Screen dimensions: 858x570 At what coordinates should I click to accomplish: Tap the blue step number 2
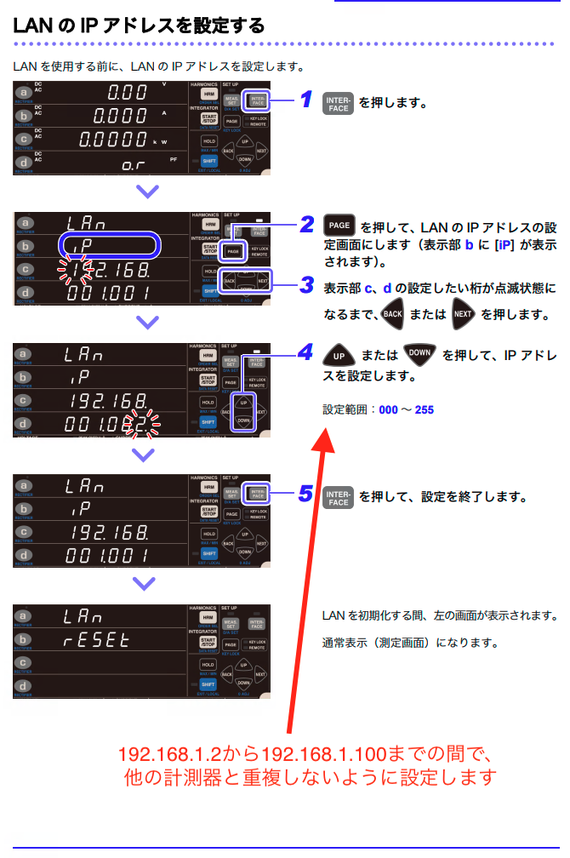(x=307, y=226)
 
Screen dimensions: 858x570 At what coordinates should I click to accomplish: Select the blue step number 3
(x=307, y=286)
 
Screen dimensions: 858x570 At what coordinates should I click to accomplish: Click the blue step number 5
(x=307, y=495)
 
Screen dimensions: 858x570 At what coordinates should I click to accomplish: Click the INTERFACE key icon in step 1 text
(x=339, y=104)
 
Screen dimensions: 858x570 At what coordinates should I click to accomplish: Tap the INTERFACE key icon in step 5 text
(x=339, y=497)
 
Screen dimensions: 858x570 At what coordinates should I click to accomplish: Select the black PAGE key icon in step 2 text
(x=339, y=226)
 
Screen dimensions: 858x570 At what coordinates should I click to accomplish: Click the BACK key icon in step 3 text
(x=392, y=313)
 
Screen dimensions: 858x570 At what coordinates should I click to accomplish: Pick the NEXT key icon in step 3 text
(x=464, y=313)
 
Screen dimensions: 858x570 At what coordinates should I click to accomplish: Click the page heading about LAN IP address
(x=139, y=26)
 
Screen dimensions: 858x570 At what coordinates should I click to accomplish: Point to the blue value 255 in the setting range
(x=424, y=410)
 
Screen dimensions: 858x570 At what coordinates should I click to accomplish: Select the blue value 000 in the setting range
(x=388, y=410)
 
